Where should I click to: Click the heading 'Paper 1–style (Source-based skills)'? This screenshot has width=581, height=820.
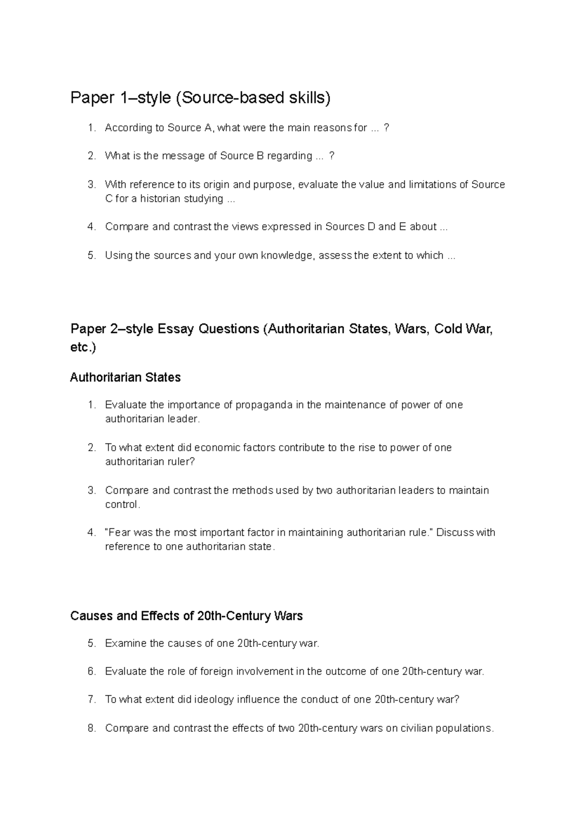200,98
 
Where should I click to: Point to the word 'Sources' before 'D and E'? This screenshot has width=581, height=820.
345,227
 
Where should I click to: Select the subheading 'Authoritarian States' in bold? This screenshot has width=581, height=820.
125,378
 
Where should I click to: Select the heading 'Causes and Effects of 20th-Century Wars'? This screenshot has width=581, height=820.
186,616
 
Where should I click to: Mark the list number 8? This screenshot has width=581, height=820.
92,728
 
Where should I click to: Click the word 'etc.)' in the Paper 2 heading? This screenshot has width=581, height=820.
83,348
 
